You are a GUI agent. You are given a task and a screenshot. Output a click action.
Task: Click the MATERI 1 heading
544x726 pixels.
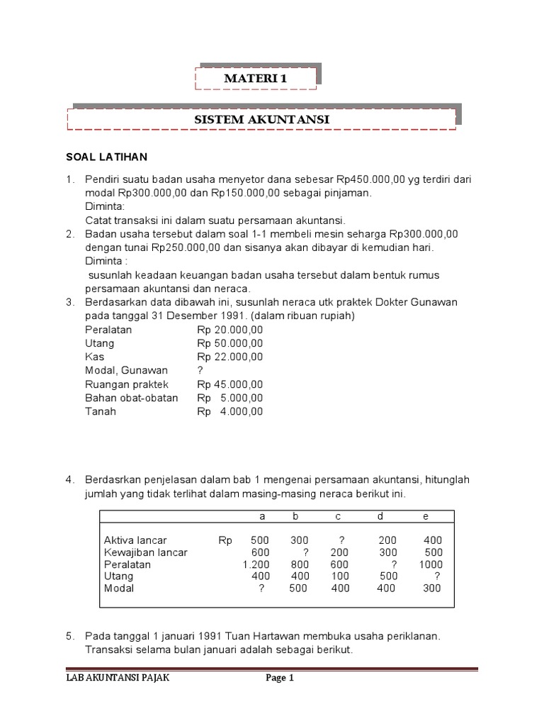tap(256, 79)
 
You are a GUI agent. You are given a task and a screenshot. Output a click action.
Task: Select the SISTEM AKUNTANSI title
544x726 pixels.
tap(262, 120)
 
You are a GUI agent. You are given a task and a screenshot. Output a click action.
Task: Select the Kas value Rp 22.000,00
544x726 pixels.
tap(230, 357)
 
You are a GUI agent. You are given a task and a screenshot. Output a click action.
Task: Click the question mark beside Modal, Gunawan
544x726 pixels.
tap(200, 370)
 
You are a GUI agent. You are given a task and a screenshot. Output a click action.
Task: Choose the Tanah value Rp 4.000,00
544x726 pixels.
tap(230, 411)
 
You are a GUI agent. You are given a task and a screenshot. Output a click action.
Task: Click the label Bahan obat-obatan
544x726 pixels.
tap(131, 398)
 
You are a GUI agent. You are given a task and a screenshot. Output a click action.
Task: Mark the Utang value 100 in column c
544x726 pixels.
tap(340, 576)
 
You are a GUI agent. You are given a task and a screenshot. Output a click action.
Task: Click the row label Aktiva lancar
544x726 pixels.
tap(135, 540)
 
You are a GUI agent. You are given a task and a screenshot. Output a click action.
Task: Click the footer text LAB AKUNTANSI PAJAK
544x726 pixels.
tap(114, 678)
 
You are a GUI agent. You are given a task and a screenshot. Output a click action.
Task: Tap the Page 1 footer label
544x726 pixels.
tap(280, 678)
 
